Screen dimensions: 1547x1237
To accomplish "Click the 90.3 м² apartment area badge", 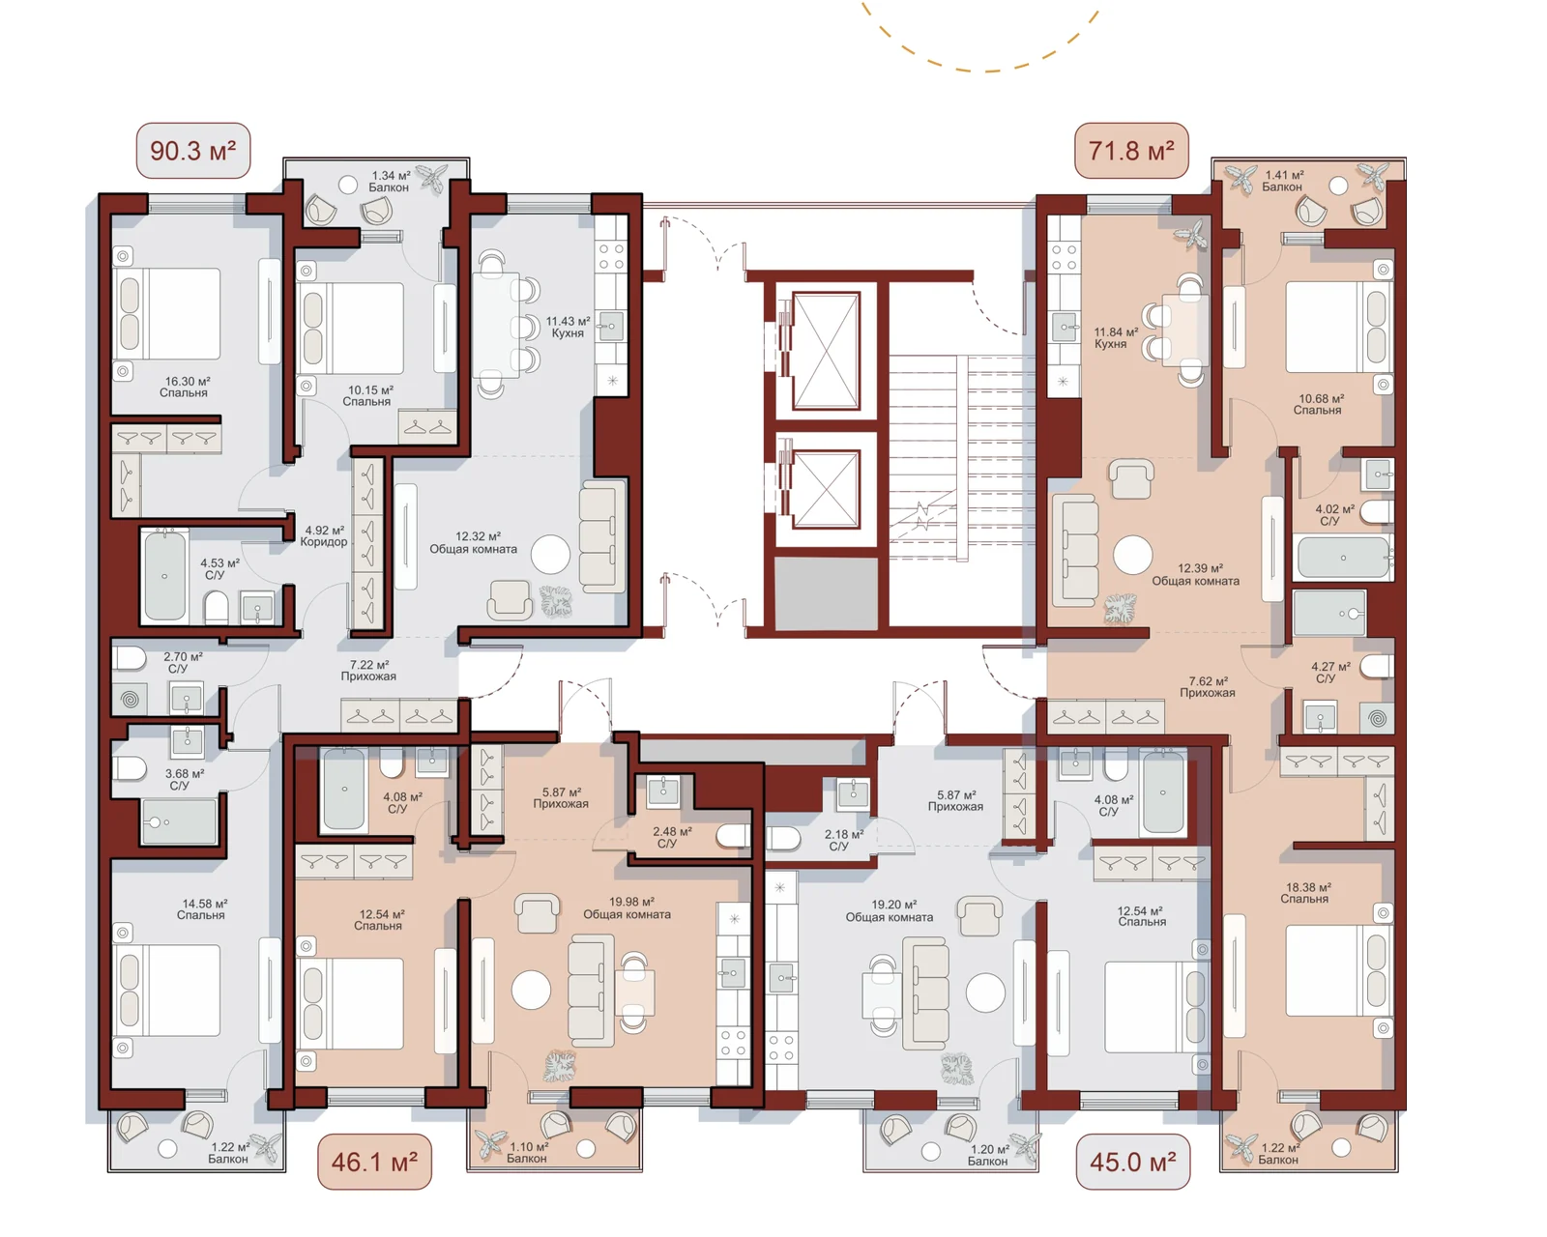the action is (x=193, y=151).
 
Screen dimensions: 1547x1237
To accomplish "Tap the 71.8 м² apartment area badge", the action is (x=1131, y=151).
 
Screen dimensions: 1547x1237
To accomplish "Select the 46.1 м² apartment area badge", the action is (x=374, y=1162).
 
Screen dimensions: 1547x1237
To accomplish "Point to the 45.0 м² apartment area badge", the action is (x=1132, y=1162).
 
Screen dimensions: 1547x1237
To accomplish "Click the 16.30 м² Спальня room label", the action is (x=184, y=387).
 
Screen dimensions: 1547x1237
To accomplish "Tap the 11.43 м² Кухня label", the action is (x=568, y=327).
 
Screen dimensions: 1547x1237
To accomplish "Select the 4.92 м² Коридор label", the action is (x=324, y=536).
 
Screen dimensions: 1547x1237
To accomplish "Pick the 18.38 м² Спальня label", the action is (x=1304, y=893).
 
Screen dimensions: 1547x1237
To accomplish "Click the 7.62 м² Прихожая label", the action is (x=1208, y=686).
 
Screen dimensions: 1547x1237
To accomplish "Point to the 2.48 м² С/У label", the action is (x=671, y=837).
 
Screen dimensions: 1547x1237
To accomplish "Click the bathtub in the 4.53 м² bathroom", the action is (x=164, y=576).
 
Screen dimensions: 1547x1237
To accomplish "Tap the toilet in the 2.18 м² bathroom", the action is (x=782, y=839).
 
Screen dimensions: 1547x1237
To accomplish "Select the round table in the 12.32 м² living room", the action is (x=551, y=555).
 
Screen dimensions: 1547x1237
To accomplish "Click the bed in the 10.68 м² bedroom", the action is (x=1338, y=327).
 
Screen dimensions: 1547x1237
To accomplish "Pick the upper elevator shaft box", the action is (x=826, y=350).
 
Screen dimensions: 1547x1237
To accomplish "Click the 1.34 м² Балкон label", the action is (x=390, y=181).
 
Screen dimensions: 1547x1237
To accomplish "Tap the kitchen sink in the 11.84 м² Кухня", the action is (x=1064, y=327).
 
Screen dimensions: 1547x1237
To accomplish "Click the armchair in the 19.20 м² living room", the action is (x=979, y=916).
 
